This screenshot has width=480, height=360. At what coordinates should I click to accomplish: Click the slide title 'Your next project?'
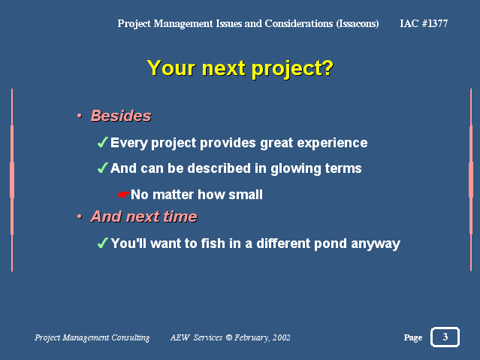tap(240, 68)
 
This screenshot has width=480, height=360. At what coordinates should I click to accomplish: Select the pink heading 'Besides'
tap(121, 116)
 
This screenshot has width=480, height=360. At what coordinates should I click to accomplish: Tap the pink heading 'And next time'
tap(144, 216)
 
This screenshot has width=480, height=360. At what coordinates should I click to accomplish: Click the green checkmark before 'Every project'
tap(102, 143)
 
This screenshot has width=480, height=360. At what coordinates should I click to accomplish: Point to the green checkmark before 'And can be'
tap(102, 168)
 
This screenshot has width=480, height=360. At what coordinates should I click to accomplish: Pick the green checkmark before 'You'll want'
tap(102, 243)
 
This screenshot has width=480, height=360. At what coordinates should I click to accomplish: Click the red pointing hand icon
tap(124, 195)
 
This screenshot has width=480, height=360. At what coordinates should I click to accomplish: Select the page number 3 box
tap(445, 337)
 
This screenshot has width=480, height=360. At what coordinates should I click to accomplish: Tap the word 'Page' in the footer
tap(413, 337)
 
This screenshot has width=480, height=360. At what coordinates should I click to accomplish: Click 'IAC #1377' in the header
tap(424, 23)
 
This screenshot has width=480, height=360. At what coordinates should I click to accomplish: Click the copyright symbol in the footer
tap(229, 337)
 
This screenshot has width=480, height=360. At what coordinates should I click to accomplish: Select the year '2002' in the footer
tap(282, 337)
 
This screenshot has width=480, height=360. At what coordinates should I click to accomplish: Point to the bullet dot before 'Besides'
tap(80, 116)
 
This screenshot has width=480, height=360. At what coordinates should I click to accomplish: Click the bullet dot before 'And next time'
tap(80, 216)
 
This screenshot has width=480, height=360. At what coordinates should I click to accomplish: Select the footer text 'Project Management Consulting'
tap(92, 337)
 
